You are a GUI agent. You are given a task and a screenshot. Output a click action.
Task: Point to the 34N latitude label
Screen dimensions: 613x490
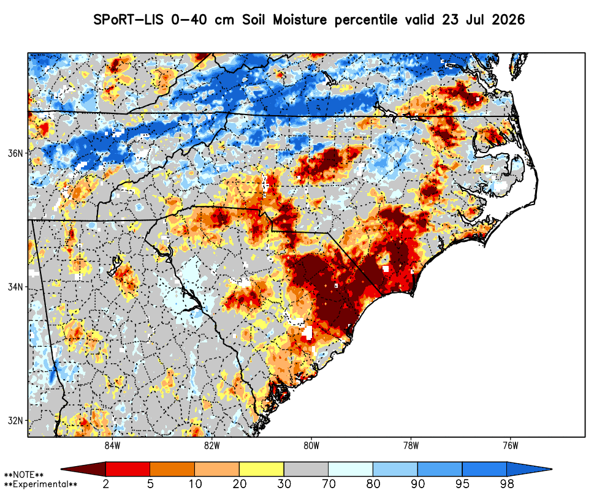pos(15,287)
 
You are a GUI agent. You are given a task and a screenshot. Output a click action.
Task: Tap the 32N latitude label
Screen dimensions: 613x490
pos(15,421)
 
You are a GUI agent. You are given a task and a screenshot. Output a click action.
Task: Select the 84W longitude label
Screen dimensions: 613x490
pos(113,445)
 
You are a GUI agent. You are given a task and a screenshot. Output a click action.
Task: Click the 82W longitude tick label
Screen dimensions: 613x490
pos(212,445)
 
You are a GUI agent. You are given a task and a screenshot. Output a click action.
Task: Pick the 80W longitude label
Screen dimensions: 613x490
pos(311,445)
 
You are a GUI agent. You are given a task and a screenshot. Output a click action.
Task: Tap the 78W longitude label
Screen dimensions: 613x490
pos(411,445)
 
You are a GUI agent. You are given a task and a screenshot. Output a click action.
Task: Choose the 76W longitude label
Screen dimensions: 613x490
pos(511,445)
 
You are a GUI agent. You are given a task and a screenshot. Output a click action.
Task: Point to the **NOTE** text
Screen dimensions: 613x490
pos(23,475)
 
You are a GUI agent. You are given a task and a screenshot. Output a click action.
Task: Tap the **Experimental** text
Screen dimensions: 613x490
pos(40,484)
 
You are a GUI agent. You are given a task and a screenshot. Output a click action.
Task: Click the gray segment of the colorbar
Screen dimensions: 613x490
pos(306,469)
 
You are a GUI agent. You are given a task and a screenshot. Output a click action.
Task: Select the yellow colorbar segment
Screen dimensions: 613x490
pos(262,469)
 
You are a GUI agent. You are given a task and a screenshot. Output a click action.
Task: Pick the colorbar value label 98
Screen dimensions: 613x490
pos(507,484)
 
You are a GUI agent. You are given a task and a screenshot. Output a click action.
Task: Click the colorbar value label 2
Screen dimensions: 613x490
pos(105,484)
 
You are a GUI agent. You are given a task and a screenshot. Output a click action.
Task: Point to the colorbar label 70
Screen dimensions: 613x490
pos(329,484)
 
